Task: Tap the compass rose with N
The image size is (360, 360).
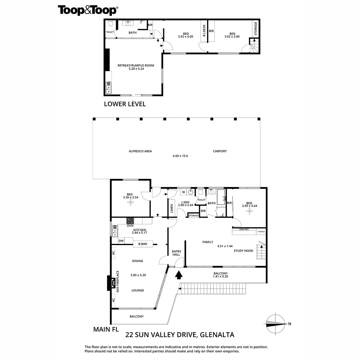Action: click(x=276, y=323)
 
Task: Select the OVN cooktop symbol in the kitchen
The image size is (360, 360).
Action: click(x=130, y=220)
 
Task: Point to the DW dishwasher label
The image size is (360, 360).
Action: click(x=121, y=241)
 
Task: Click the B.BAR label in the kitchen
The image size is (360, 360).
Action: click(x=143, y=244)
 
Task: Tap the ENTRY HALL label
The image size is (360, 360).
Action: click(x=176, y=253)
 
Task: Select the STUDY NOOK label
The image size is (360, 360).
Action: click(x=244, y=250)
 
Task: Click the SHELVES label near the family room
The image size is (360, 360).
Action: click(x=244, y=229)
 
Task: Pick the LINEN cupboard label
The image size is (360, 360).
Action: click(x=172, y=208)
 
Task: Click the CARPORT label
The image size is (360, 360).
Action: click(x=220, y=151)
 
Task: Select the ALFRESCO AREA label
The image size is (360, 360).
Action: click(x=140, y=151)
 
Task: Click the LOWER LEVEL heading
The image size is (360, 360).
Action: click(x=125, y=104)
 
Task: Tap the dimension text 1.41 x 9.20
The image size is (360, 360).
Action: click(x=220, y=277)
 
